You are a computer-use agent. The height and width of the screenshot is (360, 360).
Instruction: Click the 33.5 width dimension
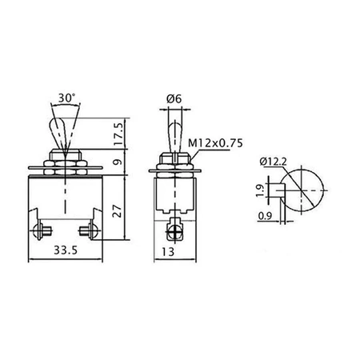click(x=66, y=250)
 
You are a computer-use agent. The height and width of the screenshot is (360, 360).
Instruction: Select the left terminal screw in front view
click(x=41, y=230)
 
